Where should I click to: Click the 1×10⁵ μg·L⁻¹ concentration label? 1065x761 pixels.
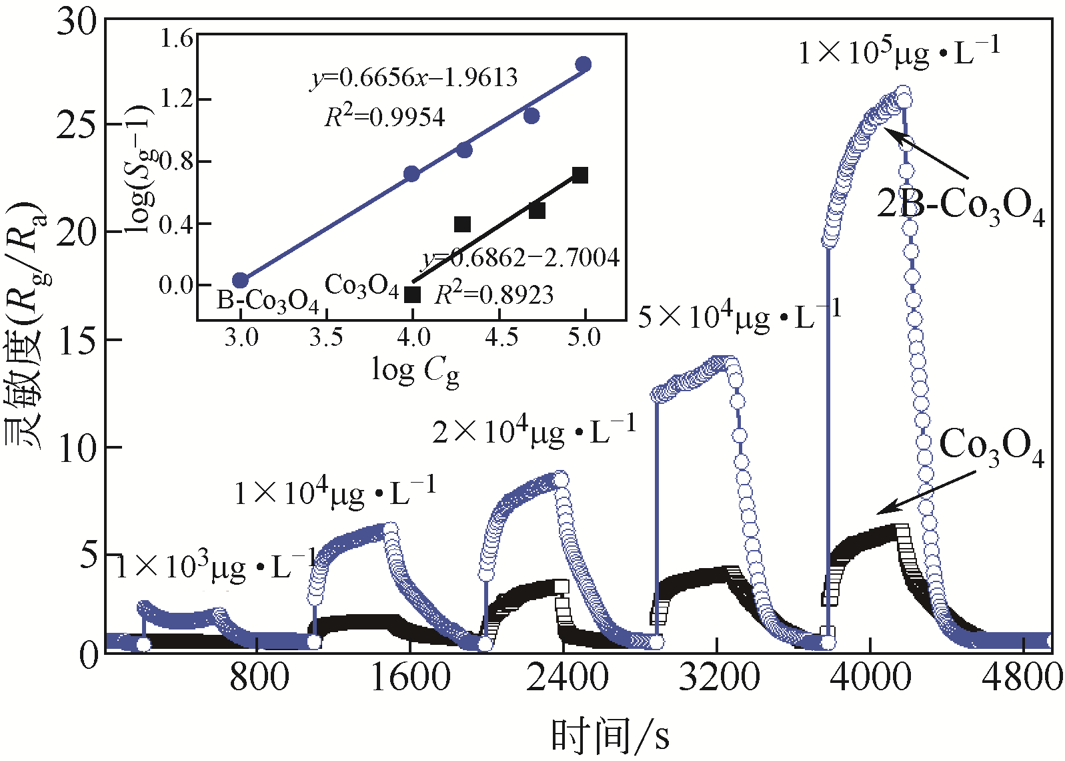coord(899,52)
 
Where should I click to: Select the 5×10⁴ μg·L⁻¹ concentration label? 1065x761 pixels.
coord(739,315)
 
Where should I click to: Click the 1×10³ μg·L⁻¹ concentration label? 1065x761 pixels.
coord(215,567)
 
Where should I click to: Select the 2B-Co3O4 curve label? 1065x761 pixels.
coord(960,206)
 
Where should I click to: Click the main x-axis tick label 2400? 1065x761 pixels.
coord(566,678)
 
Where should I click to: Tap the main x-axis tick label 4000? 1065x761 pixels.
coord(871,678)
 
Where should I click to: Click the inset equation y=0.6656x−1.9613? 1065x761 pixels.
coord(414,77)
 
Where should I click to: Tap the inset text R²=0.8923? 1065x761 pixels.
coord(494,294)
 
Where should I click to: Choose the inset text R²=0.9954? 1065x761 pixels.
coord(385,117)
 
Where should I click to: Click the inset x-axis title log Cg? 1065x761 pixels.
coord(415,370)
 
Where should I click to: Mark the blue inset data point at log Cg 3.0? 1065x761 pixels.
coord(240,280)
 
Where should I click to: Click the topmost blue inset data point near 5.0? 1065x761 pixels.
coord(584,64)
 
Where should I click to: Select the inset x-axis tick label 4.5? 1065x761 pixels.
coord(500,336)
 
